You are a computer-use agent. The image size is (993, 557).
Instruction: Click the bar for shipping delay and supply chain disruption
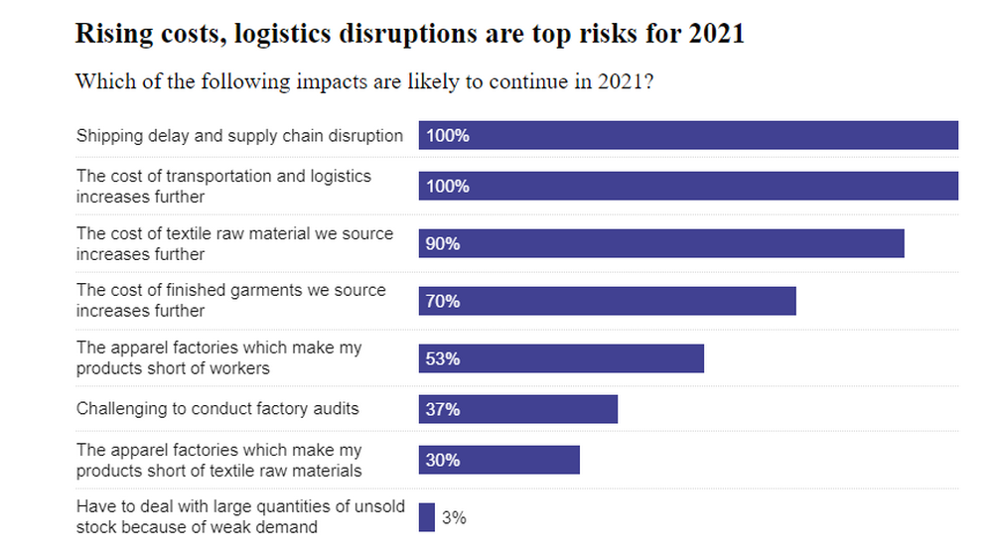click(x=688, y=135)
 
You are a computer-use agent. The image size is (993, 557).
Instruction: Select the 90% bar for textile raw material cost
click(x=661, y=243)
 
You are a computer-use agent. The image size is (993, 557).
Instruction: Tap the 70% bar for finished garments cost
click(x=607, y=301)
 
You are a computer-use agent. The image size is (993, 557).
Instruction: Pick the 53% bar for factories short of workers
click(x=561, y=358)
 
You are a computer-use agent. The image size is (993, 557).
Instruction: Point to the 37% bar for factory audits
click(x=517, y=409)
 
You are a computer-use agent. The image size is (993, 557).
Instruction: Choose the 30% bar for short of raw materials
click(x=498, y=461)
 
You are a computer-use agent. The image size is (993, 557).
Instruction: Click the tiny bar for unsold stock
click(x=427, y=517)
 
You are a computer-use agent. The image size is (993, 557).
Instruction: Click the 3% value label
click(x=454, y=517)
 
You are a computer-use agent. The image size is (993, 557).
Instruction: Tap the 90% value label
click(x=443, y=243)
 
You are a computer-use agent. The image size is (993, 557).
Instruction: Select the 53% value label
click(x=443, y=358)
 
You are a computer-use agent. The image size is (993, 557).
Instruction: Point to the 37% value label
click(x=443, y=409)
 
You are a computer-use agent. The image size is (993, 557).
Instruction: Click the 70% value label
click(x=443, y=301)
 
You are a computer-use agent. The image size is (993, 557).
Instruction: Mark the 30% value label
click(x=443, y=461)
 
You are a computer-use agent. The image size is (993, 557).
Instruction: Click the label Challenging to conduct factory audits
click(x=217, y=408)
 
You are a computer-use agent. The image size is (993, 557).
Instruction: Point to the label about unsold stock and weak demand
click(x=240, y=516)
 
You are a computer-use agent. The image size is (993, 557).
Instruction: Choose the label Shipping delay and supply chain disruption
click(x=239, y=136)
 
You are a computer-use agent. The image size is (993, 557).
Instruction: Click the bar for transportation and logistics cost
click(x=688, y=186)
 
